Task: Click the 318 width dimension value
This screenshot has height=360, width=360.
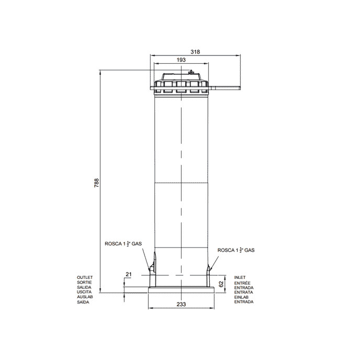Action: pyautogui.click(x=195, y=52)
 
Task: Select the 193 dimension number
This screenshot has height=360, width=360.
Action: pyautogui.click(x=181, y=60)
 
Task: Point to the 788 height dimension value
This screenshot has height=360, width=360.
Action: pyautogui.click(x=97, y=183)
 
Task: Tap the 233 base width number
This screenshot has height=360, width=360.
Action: pyautogui.click(x=181, y=304)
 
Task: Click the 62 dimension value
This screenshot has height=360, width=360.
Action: pyautogui.click(x=221, y=284)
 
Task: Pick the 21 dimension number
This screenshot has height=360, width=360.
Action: pyautogui.click(x=129, y=274)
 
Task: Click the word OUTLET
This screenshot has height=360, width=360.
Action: pyautogui.click(x=85, y=277)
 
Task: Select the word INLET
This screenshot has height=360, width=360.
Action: pyautogui.click(x=240, y=277)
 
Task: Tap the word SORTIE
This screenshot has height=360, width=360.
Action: pyautogui.click(x=84, y=283)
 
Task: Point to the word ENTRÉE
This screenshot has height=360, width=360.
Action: pyautogui.click(x=242, y=283)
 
